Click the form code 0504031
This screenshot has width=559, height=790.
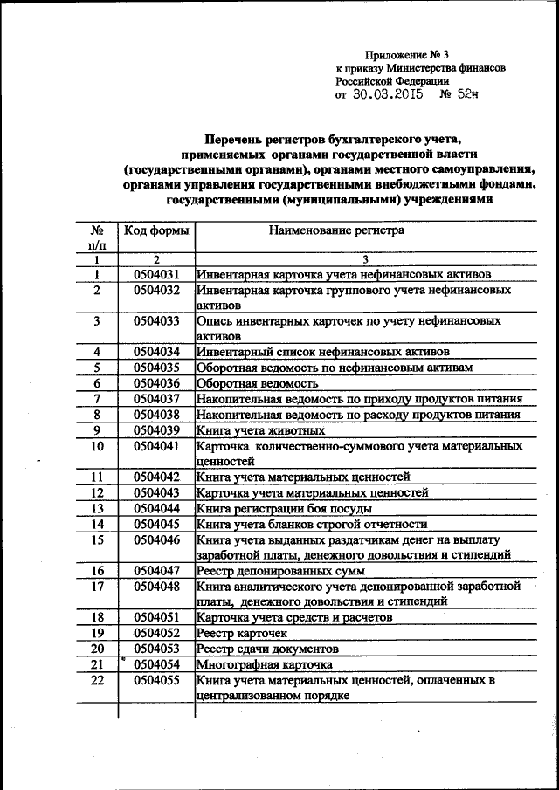click(156, 274)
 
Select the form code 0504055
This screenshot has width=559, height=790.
click(156, 680)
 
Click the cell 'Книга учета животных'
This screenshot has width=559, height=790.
click(261, 430)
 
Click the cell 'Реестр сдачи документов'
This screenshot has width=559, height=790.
click(267, 649)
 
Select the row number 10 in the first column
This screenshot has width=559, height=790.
click(98, 446)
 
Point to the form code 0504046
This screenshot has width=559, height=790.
click(156, 539)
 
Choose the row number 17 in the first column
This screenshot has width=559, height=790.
click(98, 586)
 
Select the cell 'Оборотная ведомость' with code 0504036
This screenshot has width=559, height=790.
click(256, 383)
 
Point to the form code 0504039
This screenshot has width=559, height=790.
click(156, 430)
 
